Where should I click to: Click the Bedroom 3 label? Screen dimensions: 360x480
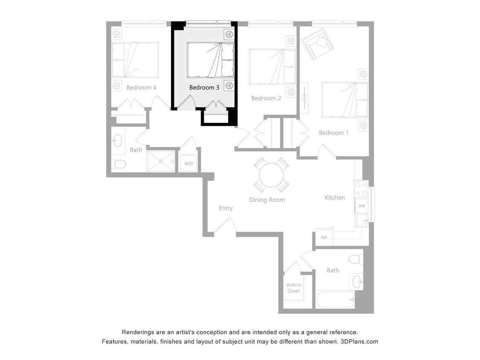tap(204, 87)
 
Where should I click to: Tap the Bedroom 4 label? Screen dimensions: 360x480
tap(141, 87)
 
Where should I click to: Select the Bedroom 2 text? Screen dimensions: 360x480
tap(266, 98)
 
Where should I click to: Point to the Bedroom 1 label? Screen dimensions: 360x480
tap(334, 133)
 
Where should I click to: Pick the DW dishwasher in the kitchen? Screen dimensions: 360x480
tap(361, 206)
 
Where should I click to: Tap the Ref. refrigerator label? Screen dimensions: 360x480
tap(324, 237)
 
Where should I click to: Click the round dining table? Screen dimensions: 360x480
tap(271, 175)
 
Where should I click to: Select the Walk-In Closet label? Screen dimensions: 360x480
tap(293, 288)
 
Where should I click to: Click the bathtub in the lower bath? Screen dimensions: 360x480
tap(335, 299)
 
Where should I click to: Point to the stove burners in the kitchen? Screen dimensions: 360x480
tap(361, 189)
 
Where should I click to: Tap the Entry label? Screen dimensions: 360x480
tap(226, 208)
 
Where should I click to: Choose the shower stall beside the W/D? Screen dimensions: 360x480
tap(160, 161)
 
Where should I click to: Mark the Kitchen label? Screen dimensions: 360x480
tap(335, 197)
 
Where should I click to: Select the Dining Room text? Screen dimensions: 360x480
tap(267, 200)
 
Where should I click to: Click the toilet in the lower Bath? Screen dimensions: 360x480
tap(355, 259)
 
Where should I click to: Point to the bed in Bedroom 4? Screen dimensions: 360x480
tap(135, 60)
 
